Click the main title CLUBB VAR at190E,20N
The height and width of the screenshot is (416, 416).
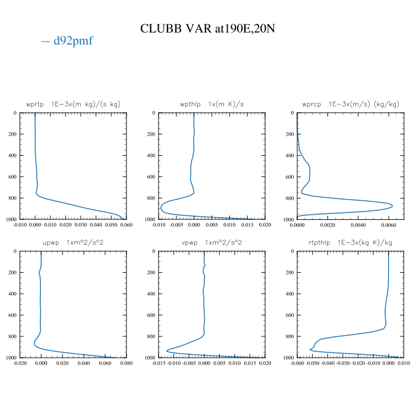click(x=207, y=29)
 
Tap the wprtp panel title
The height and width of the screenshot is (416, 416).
click(x=73, y=104)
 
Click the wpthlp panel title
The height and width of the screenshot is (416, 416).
click(x=212, y=104)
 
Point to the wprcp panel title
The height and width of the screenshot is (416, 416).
click(x=351, y=104)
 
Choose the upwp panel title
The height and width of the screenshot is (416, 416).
click(x=73, y=242)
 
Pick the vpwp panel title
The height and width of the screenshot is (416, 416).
click(x=212, y=242)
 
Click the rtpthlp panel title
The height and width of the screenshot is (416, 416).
click(x=351, y=242)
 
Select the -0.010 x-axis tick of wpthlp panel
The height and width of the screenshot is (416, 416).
click(x=159, y=225)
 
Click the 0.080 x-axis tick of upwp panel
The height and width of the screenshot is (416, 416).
click(x=126, y=364)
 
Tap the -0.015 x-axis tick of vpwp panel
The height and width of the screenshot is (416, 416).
click(x=159, y=364)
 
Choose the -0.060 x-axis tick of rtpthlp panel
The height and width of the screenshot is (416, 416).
click(x=297, y=364)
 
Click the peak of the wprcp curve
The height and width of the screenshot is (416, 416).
click(x=392, y=206)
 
